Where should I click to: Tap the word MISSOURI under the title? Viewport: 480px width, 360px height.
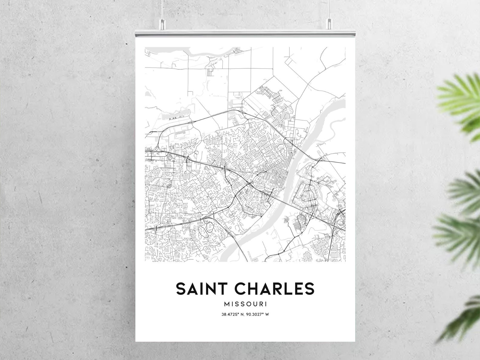(x=245, y=304)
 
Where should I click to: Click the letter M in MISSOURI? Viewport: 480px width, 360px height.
(x=227, y=304)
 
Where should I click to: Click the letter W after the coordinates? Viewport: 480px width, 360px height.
(x=267, y=314)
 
